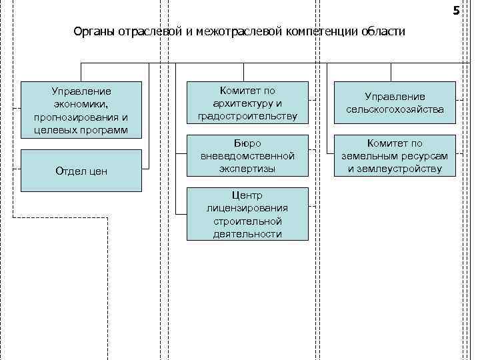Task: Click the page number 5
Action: pos(456,11)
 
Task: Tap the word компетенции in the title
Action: pos(323,32)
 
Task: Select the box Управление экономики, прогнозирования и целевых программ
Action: pos(81,109)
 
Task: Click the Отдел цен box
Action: pos(81,171)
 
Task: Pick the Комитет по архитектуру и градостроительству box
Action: pos(247,103)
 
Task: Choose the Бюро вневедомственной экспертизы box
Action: pos(247,156)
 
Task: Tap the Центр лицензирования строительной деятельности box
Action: pos(247,214)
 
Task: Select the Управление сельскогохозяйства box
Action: pos(395,103)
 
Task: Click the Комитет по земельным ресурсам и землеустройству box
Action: pos(395,156)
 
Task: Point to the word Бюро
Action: pos(247,143)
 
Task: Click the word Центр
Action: pos(247,195)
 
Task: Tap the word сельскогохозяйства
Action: pos(395,109)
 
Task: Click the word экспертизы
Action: pos(247,169)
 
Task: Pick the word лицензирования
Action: pos(247,208)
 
